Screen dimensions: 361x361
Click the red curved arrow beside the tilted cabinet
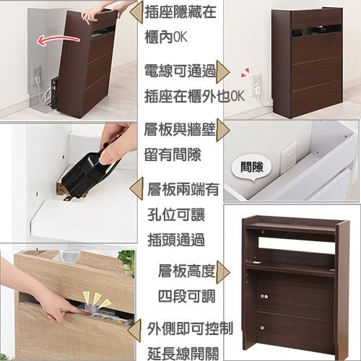coord(58,38)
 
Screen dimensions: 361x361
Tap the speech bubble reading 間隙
coord(251,168)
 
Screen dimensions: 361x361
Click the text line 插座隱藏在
coord(180,12)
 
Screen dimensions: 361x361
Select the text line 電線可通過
coord(180,71)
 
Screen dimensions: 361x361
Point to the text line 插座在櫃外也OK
coord(194,96)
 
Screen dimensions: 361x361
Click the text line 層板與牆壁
coord(180,130)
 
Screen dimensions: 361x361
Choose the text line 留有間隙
coord(173,155)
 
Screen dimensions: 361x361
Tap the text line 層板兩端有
coord(183,190)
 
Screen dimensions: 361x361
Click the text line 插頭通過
coord(176,240)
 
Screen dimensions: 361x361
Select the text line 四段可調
coord(187,296)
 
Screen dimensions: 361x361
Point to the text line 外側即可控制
coord(190,329)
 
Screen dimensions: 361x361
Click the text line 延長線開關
coord(183,353)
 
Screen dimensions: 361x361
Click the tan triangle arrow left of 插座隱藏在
coord(136,12)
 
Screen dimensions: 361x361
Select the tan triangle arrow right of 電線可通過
coord(222,71)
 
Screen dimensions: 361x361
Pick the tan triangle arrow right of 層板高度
coord(223,272)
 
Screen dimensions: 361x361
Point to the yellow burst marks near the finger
coord(96,300)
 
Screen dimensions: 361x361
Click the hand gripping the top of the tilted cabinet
coord(101,13)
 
